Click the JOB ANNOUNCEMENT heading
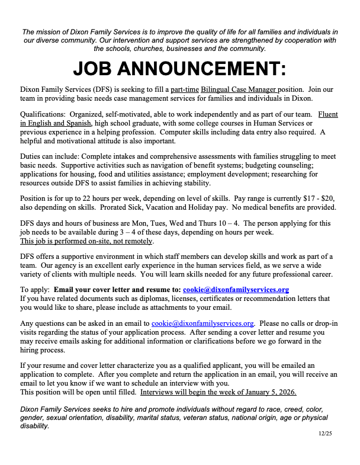coord(179,69)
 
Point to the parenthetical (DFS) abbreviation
coord(94,88)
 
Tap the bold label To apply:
coord(34,290)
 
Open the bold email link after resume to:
coord(236,290)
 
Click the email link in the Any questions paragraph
coord(203,323)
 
